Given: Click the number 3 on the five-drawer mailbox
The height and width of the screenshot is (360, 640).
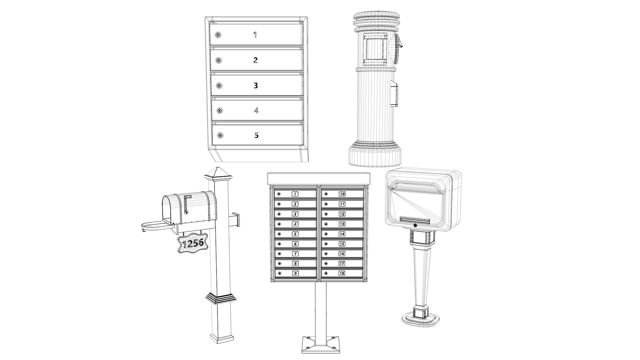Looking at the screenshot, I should point(256,85).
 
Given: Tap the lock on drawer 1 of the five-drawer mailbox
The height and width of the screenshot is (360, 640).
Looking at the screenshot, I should point(218,35).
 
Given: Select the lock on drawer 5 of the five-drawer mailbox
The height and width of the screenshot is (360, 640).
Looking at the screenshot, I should point(220,135).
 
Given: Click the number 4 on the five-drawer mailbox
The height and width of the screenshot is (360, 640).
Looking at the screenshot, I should point(256,110).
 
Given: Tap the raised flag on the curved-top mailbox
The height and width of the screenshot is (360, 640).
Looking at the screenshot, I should point(187,203).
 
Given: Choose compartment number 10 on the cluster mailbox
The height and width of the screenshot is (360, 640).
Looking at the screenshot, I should point(342,194).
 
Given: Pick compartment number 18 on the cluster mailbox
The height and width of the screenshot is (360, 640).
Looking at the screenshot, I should point(342,273).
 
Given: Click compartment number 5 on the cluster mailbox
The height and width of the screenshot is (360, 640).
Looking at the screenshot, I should point(295,234).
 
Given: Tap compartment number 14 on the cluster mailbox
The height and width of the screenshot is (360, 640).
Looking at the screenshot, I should point(342,234).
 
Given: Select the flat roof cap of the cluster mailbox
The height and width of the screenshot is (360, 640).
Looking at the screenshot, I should point(319,178).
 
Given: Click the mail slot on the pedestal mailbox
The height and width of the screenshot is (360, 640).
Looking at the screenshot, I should point(415,219).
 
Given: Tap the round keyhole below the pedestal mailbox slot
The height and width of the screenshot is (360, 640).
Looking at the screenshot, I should point(415,226).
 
